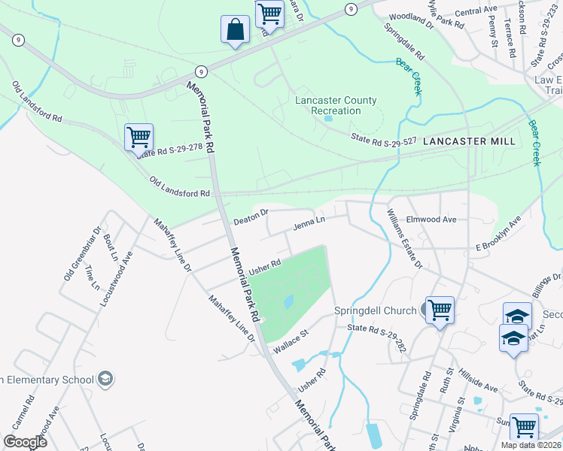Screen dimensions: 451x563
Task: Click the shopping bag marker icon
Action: point(235,31)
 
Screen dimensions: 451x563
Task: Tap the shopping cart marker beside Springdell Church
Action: point(440,310)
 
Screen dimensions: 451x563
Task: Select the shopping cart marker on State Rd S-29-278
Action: point(138,138)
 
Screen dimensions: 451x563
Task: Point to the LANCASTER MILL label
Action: point(469,141)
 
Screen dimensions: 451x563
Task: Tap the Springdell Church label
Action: point(375,310)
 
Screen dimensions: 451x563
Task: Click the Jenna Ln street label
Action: point(309,223)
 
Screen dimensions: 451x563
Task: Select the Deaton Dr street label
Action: point(251,217)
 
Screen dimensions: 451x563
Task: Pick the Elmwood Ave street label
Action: point(431,219)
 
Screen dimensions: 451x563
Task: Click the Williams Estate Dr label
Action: point(405,238)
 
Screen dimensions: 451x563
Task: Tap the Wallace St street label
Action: point(291,341)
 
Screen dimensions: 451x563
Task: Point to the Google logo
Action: point(25,441)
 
